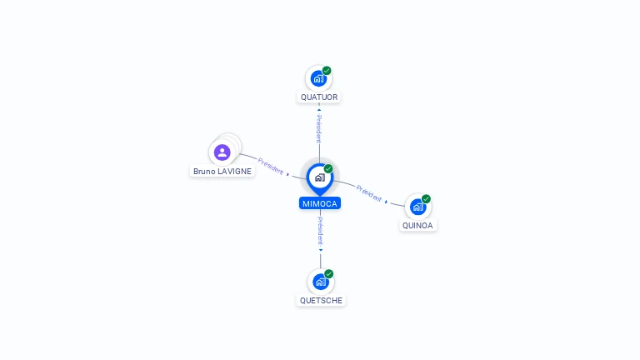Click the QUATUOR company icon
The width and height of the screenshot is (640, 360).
point(317,79)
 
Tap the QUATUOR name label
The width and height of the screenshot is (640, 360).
point(319,97)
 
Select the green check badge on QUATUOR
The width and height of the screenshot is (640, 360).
point(327,71)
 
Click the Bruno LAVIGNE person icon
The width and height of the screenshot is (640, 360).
point(222,152)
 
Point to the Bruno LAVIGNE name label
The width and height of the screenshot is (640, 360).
point(222,171)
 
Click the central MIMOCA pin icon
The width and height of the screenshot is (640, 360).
point(319,177)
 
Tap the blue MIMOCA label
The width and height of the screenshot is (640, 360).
point(320,203)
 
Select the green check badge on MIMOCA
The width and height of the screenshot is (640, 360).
point(328,168)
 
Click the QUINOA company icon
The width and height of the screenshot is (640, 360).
point(417,207)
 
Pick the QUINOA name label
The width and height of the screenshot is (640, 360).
point(418,225)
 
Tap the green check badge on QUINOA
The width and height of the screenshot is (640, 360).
point(426,199)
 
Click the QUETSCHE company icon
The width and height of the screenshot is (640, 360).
point(320,282)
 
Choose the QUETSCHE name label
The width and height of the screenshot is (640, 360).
point(321,300)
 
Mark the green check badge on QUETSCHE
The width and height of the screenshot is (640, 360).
point(329,273)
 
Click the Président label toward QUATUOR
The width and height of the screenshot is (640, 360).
point(318,129)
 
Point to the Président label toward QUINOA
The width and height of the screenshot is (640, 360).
point(369,193)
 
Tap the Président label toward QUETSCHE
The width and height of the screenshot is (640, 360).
point(320,230)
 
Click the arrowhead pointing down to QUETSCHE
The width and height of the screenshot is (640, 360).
point(320,249)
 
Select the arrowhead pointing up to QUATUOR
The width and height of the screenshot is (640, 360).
point(319,107)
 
